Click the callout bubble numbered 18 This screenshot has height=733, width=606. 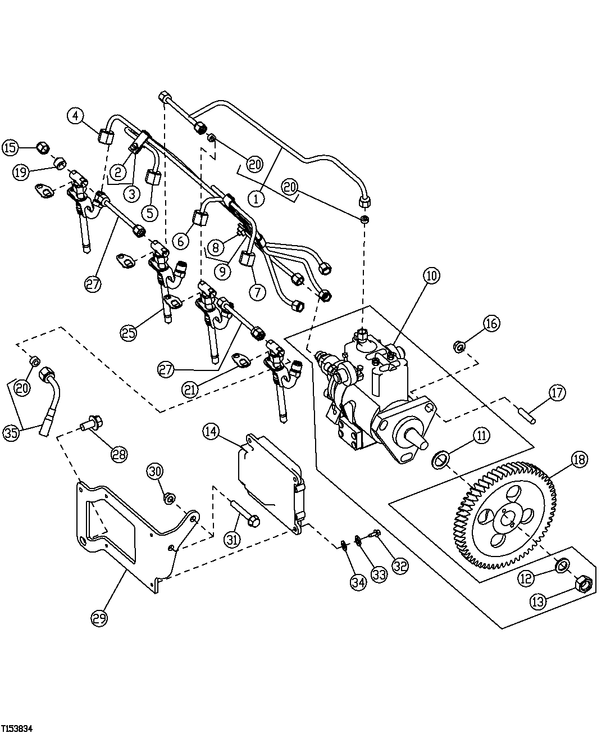point(579,459)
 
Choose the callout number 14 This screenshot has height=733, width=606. point(211,432)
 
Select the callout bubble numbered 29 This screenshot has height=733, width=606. point(99,618)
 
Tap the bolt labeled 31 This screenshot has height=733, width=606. point(245,515)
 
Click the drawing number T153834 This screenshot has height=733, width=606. point(17,727)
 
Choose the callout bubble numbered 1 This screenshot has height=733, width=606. point(257,198)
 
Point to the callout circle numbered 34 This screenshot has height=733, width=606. point(358,582)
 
